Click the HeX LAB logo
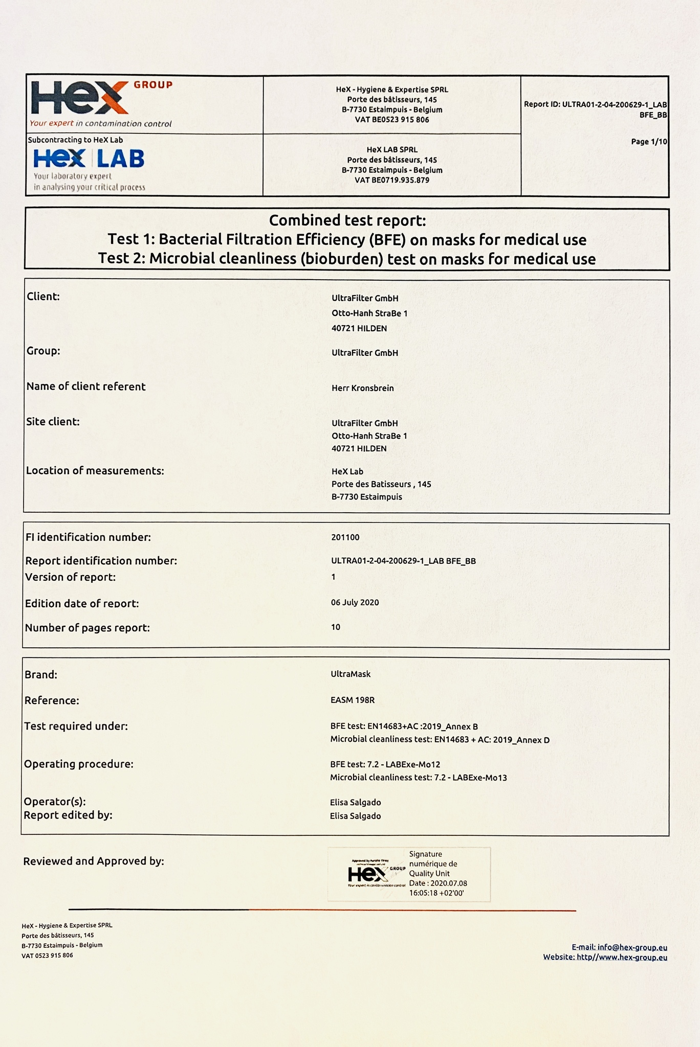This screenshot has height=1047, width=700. tap(89, 158)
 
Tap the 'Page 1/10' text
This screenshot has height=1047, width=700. tap(649, 142)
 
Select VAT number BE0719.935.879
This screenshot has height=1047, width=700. tap(392, 180)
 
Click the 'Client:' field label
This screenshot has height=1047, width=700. tap(43, 297)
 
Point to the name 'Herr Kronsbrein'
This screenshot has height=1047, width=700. tap(363, 388)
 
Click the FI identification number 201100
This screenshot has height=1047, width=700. tap(345, 537)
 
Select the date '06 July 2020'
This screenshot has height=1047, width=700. tap(355, 602)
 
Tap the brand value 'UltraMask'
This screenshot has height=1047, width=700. tap(351, 674)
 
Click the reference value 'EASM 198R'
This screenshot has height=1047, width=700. tap(353, 700)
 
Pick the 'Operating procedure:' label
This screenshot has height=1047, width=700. tap(79, 764)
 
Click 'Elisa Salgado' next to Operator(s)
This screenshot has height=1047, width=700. tap(356, 802)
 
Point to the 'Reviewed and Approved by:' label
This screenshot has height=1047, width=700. tap(94, 861)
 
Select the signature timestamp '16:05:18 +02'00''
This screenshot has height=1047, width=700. tap(436, 893)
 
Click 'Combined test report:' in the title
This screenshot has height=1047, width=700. tap(347, 220)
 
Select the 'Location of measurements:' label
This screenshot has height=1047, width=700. tap(95, 471)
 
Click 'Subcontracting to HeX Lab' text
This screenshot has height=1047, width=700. tap(75, 140)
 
